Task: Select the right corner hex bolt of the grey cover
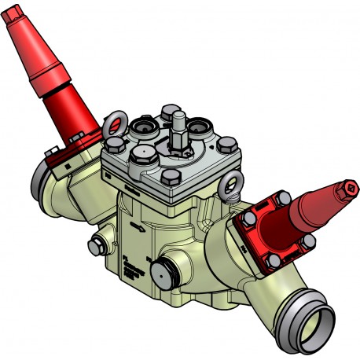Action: (x=228, y=144)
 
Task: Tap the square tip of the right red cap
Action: (x=347, y=189)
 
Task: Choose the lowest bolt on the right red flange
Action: (x=273, y=259)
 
